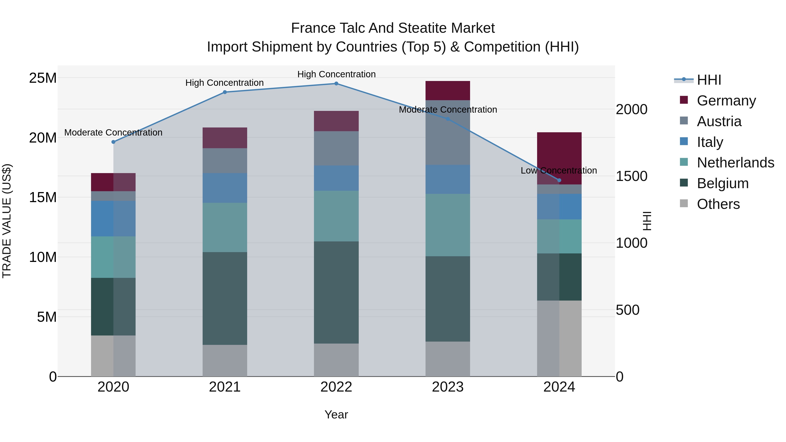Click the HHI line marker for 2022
coord(336,84)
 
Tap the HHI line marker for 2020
coord(114,142)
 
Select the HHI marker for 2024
coord(559,180)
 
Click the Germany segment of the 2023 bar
coord(448,91)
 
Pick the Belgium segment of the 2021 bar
coord(225,298)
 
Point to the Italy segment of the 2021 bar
coord(225,188)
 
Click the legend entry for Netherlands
coord(735,163)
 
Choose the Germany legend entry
coord(726,101)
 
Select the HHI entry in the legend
coord(709,80)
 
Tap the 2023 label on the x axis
coord(448,387)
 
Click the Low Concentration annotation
coord(559,170)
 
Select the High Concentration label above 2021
coord(225,83)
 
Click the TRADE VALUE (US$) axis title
coord(7,221)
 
